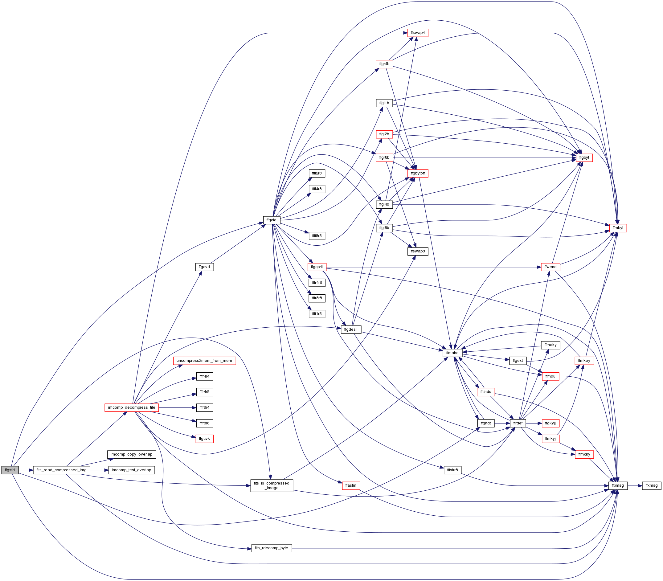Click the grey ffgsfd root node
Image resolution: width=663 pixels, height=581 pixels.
tap(10, 470)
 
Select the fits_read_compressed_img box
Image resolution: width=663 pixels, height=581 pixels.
tap(62, 470)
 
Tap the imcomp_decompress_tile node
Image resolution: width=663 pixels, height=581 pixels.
tap(132, 407)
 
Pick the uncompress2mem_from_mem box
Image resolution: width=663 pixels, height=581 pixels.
tap(204, 361)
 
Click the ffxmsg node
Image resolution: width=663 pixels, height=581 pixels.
tap(652, 485)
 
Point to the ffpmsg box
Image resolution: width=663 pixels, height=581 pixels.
tap(618, 485)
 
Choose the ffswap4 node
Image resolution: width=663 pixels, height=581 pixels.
tap(418, 33)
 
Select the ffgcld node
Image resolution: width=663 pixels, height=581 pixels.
tap(271, 220)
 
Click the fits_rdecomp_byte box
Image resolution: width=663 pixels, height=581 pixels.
tap(271, 548)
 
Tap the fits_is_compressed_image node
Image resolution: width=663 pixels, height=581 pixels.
tap(272, 485)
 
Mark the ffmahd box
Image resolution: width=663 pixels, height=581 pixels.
tap(452, 353)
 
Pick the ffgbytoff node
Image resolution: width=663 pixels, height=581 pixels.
tap(418, 173)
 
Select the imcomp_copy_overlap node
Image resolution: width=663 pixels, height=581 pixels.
tap(132, 454)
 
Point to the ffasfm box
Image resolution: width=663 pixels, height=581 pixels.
tap(351, 485)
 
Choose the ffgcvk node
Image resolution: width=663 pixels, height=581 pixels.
tap(205, 439)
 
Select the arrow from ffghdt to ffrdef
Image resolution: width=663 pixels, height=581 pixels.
tap(502, 423)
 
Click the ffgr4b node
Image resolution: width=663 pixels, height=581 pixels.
tap(384, 64)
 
